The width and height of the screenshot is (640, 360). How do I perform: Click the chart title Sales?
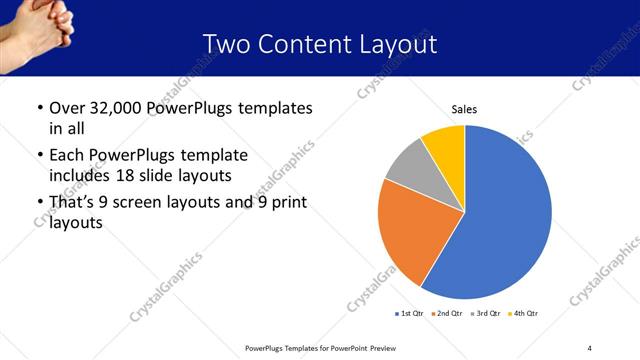464,108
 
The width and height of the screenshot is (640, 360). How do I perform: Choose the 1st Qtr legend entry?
409,314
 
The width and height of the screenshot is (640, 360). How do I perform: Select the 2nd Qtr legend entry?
446,314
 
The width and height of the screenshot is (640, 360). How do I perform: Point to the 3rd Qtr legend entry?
485,314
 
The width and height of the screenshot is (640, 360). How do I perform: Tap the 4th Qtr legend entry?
523,314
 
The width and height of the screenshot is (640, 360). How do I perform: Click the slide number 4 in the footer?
590,347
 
